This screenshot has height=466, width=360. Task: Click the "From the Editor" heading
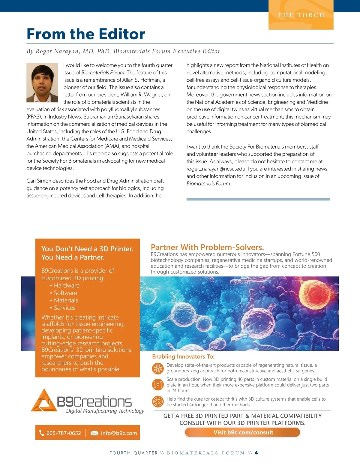click(86, 34)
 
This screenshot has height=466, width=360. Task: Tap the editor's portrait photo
click(42, 83)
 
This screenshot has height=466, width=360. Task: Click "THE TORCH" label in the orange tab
click(301, 15)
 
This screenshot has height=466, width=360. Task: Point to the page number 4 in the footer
click(256, 453)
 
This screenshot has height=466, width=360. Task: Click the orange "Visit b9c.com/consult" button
click(243, 432)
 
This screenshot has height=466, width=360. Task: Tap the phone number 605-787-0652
click(64, 433)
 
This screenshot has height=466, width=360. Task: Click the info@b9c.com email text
click(119, 433)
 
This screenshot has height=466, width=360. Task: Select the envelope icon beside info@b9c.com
click(94, 433)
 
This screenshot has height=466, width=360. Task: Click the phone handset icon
click(42, 433)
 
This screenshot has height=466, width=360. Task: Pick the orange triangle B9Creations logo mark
click(44, 401)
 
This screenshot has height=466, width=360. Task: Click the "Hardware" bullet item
click(67, 286)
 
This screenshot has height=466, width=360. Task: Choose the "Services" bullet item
click(64, 308)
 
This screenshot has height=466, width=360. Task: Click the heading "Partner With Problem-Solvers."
click(207, 247)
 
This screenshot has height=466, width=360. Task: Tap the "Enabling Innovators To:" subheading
click(183, 356)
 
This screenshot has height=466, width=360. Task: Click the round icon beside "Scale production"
click(158, 385)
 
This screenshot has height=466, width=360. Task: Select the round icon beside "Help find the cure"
click(158, 401)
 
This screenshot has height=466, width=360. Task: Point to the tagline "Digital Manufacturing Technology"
click(105, 411)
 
